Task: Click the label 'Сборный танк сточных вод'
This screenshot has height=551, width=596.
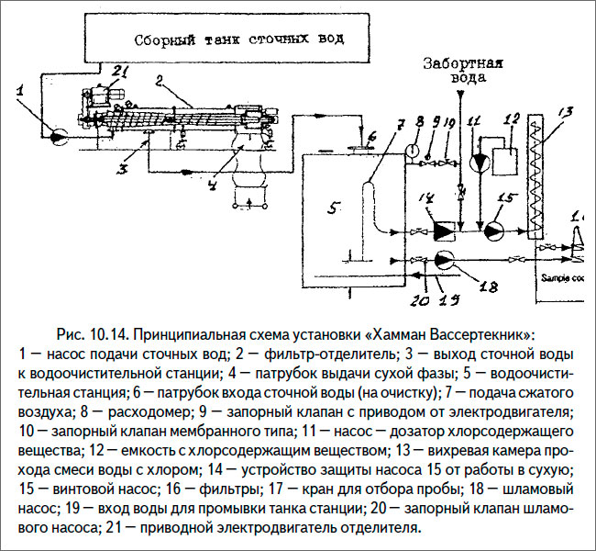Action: (239, 39)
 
